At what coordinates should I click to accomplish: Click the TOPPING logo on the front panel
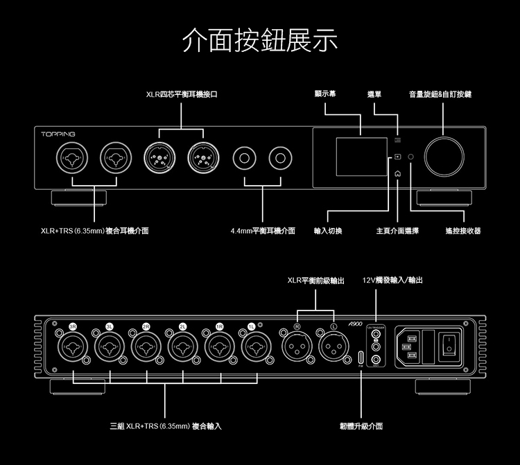(x=58, y=133)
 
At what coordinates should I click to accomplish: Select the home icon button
(x=397, y=174)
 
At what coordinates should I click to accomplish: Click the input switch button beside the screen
(x=397, y=157)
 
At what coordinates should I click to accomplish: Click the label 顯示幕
(x=325, y=94)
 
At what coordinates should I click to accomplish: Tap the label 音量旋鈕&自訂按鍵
(x=440, y=94)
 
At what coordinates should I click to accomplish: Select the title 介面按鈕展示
(x=259, y=41)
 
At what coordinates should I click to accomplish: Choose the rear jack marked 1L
(x=256, y=346)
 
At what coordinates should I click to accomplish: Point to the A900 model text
(x=356, y=324)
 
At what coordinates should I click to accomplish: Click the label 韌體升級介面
(x=361, y=425)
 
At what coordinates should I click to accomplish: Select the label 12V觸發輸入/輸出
(x=393, y=281)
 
